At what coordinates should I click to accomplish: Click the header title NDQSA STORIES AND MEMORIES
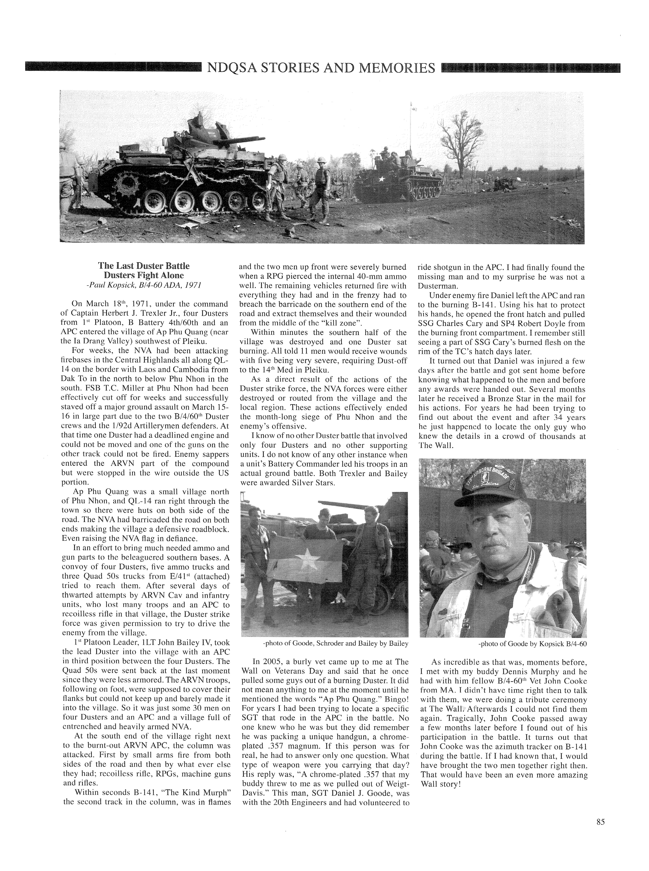click(321, 68)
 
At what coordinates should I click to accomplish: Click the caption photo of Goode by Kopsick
click(532, 644)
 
